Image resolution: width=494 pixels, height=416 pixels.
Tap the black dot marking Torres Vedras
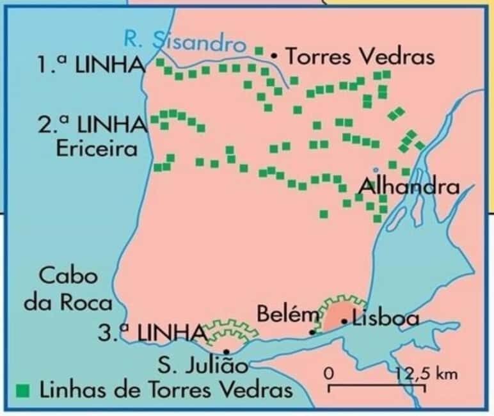pyautogui.click(x=274, y=56)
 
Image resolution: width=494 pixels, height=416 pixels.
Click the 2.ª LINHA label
pyautogui.click(x=92, y=124)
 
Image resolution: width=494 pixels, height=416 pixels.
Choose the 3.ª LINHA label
pyautogui.click(x=151, y=333)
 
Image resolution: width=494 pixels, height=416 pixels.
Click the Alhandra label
pyautogui.click(x=409, y=187)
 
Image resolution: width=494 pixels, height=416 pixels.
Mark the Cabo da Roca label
pyautogui.click(x=68, y=289)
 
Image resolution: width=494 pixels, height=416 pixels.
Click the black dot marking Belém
pyautogui.click(x=312, y=332)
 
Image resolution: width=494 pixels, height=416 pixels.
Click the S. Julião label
pyautogui.click(x=202, y=367)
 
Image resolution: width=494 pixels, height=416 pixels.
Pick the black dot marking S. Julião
pyautogui.click(x=227, y=351)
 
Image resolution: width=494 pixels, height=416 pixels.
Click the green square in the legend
pyautogui.click(x=24, y=389)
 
